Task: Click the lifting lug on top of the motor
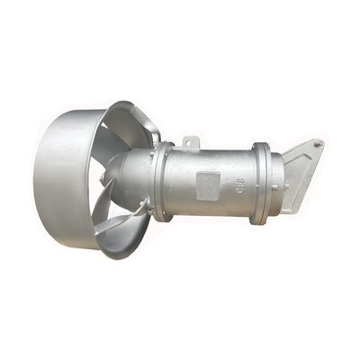tap(189, 141)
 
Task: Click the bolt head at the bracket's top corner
tap(317, 143)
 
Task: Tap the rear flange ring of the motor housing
tap(260, 183)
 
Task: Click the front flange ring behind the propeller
tap(162, 180)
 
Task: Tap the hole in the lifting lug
tap(190, 139)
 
